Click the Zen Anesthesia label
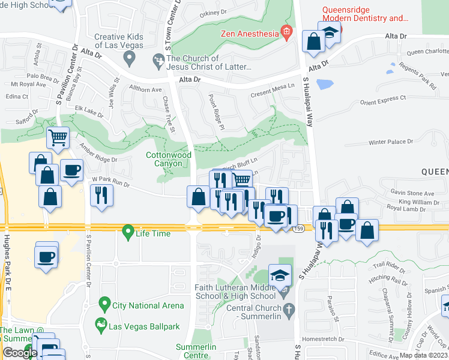coord(250,34)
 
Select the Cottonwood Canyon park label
coord(169,159)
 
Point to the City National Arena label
coord(148,305)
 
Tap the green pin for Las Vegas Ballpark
coord(101,326)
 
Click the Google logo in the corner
coord(19,353)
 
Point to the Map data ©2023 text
coord(423,355)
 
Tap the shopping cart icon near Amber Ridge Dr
coord(58,138)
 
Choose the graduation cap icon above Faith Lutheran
coord(280,275)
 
